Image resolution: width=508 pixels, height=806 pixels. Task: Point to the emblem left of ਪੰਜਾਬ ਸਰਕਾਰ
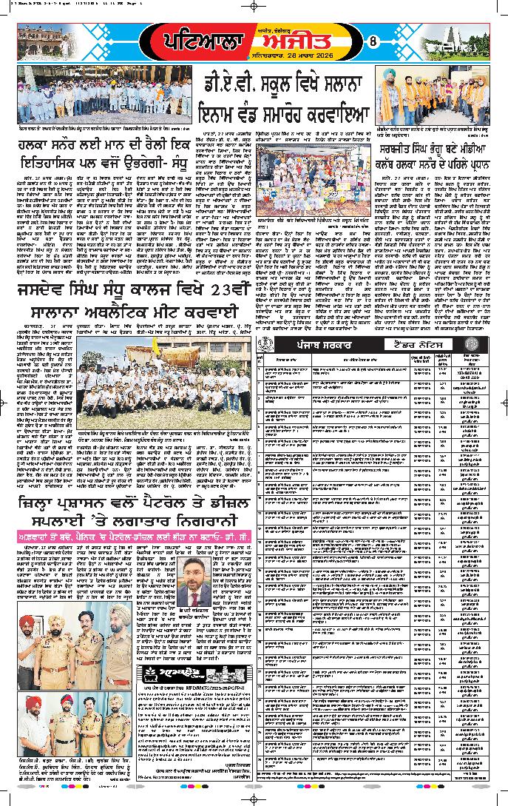click(x=266, y=344)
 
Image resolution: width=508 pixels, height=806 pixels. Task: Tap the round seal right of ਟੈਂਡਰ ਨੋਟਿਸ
click(x=481, y=344)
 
